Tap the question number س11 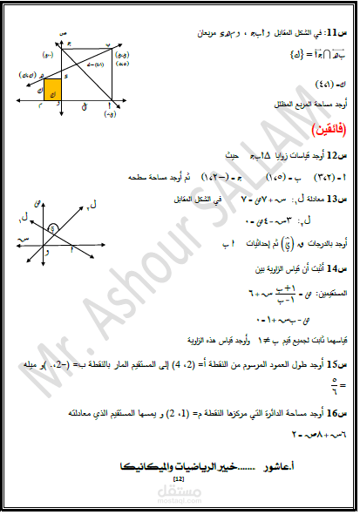336,30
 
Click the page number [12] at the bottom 179,479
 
